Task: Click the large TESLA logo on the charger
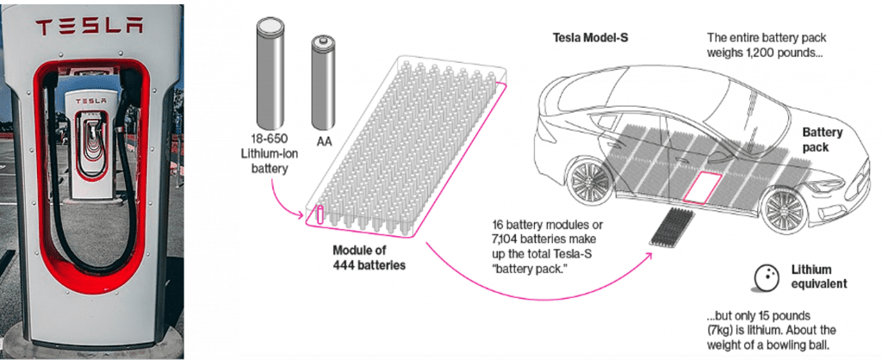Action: pos(89,28)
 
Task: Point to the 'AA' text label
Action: pos(324,142)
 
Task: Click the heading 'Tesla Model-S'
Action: pos(589,38)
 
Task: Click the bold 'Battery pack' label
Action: pos(822,140)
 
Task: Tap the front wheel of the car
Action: pos(782,209)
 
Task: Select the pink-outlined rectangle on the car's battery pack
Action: pos(702,186)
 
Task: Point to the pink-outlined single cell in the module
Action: pos(320,216)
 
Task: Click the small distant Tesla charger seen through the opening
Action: pos(92,147)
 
